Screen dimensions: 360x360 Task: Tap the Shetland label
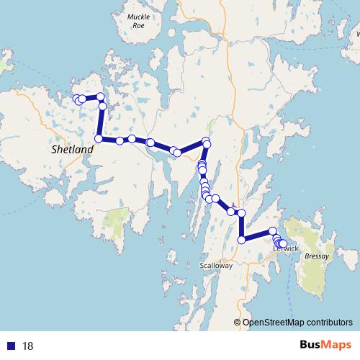(x=73, y=150)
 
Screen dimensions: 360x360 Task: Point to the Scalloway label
(x=215, y=266)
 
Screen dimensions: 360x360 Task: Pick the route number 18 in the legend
(x=28, y=346)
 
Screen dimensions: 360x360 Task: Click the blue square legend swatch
(x=12, y=346)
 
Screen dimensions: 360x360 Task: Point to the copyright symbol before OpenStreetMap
(x=238, y=323)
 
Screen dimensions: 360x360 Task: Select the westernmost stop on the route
(x=76, y=99)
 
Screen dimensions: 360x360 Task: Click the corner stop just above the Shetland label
(x=99, y=138)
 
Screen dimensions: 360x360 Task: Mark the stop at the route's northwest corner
(x=101, y=97)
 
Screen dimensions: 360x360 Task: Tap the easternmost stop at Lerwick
(x=284, y=244)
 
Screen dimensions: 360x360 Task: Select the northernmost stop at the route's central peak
(x=206, y=141)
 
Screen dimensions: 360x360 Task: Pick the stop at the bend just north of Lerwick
(x=273, y=230)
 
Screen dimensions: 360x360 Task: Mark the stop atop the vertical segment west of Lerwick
(x=241, y=213)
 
